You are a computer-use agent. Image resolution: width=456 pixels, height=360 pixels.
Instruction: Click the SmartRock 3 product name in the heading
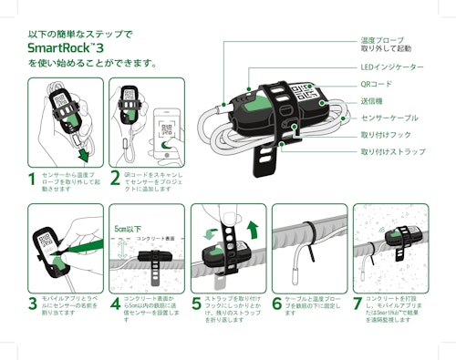click(x=67, y=48)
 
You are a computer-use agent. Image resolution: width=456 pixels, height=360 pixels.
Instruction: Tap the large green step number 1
click(x=32, y=179)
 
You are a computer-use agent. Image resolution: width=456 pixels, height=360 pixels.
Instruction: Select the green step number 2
click(x=114, y=179)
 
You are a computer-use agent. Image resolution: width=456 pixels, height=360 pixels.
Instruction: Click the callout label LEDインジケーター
click(x=391, y=67)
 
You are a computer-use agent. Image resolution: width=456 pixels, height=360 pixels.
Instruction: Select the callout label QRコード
click(x=378, y=83)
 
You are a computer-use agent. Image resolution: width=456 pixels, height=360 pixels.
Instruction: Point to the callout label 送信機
click(x=372, y=100)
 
